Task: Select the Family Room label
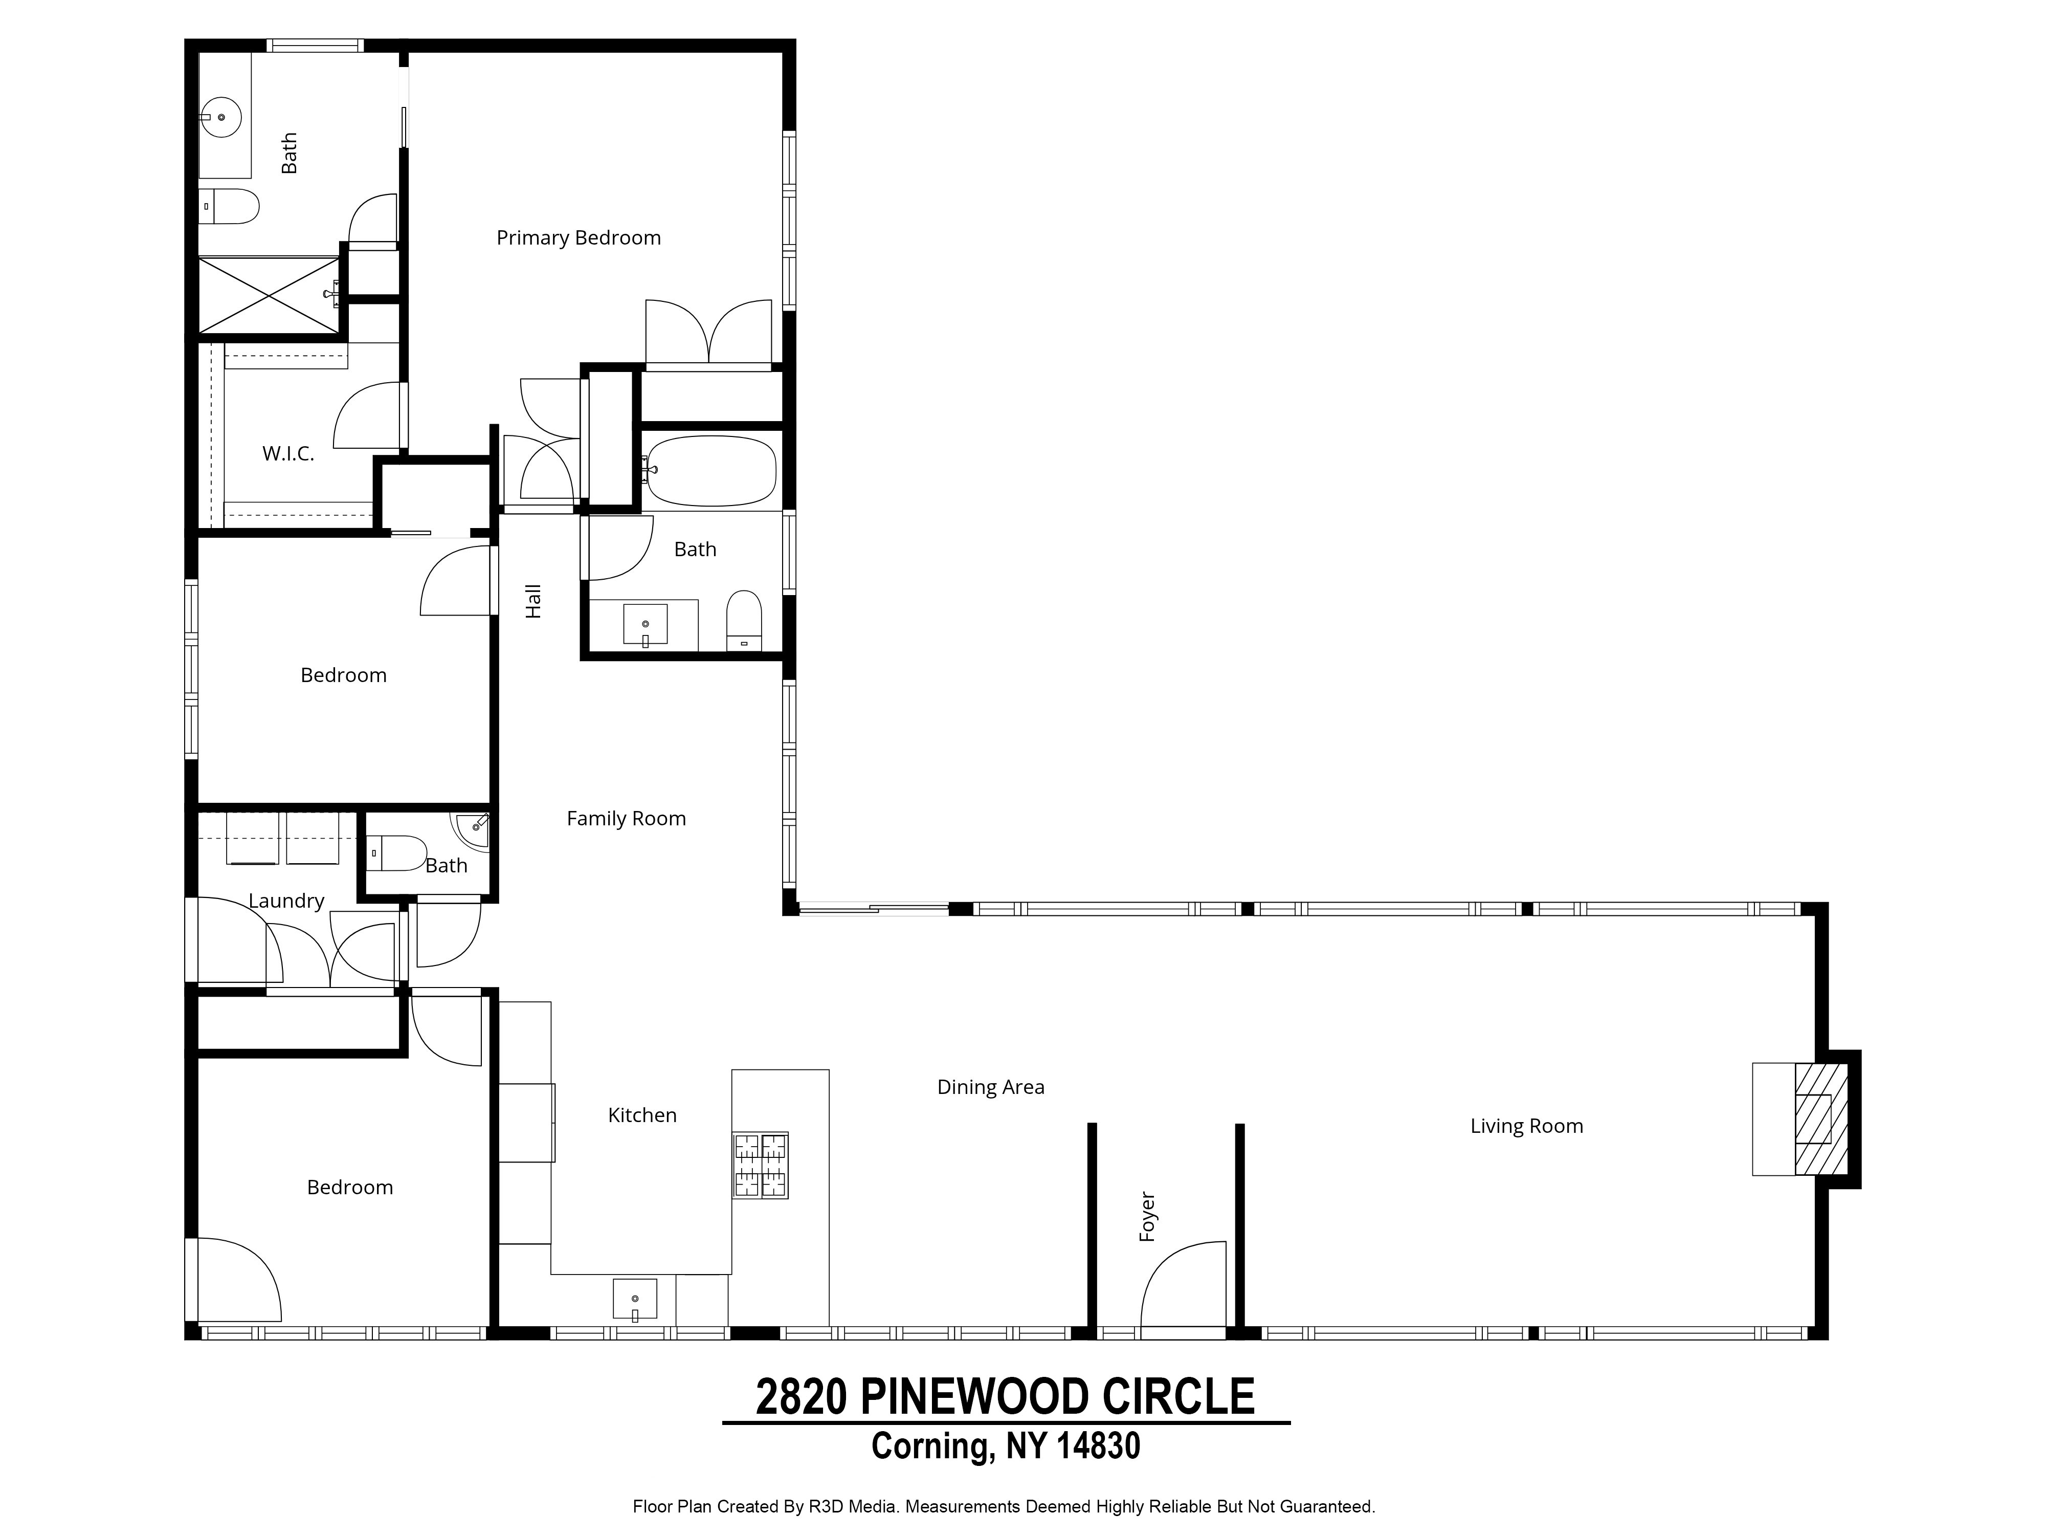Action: (x=626, y=819)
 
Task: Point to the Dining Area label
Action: (x=991, y=1087)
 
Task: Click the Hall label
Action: (x=533, y=601)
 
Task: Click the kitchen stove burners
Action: (x=760, y=1165)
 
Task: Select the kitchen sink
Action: (x=635, y=1299)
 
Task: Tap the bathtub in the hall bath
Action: (x=710, y=470)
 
